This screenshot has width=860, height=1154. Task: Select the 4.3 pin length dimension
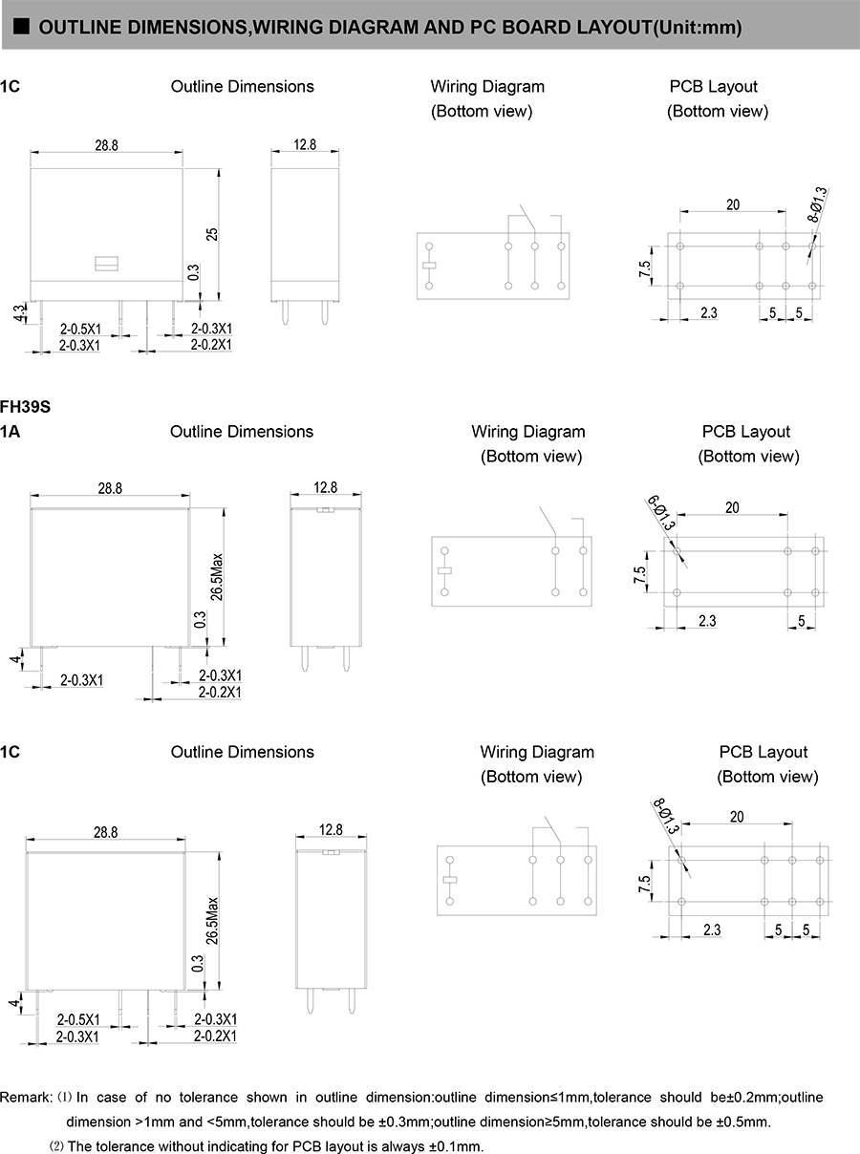coord(19,313)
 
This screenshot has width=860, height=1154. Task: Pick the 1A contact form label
coord(11,432)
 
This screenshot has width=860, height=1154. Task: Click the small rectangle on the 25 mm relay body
coord(105,262)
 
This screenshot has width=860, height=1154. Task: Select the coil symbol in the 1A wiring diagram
coord(444,571)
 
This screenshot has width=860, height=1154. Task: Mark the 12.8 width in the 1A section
coord(326,487)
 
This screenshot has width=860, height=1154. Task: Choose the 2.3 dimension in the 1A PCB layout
coord(707,621)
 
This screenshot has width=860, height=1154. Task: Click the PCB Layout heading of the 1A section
coord(746,432)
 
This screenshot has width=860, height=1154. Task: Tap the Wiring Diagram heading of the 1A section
coord(528,432)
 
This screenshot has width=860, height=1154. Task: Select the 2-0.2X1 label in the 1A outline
coord(220,692)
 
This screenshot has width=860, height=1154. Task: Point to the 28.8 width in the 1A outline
coord(110,487)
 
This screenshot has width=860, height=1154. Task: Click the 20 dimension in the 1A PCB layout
coord(732,507)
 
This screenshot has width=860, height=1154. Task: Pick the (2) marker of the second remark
coord(56,1146)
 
